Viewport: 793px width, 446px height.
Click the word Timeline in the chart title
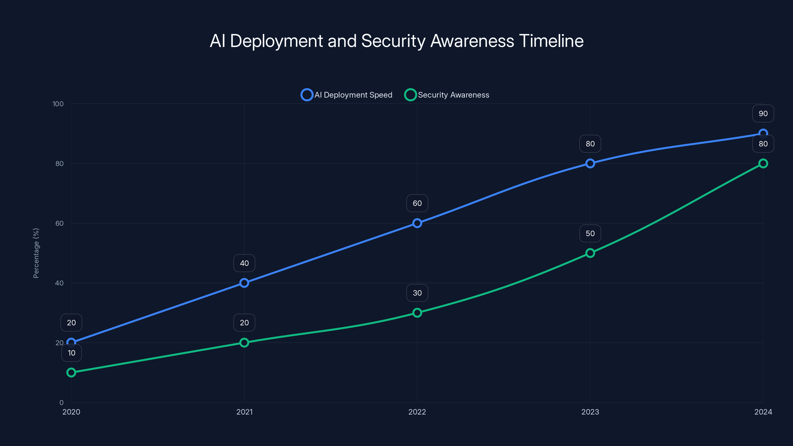551,41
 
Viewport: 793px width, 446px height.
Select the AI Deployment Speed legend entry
347,95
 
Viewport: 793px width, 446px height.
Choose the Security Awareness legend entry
447,95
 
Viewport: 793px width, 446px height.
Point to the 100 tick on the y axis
58,104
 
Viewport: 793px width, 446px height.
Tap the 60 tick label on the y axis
59,223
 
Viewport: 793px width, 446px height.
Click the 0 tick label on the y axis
61,402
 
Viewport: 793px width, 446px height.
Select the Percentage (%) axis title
36,253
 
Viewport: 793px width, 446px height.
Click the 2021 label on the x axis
244,412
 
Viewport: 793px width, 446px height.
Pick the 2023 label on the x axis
590,412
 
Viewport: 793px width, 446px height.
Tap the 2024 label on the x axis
763,412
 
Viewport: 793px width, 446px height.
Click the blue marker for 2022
417,223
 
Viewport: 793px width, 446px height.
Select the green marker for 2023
590,253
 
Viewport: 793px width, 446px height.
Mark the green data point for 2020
71,372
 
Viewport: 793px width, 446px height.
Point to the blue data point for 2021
244,283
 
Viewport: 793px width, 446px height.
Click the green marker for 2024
763,164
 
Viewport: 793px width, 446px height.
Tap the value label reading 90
763,113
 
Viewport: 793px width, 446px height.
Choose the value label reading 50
590,233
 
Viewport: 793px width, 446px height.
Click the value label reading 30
417,293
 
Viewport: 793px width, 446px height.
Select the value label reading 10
71,353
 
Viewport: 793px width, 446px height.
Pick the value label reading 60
417,203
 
